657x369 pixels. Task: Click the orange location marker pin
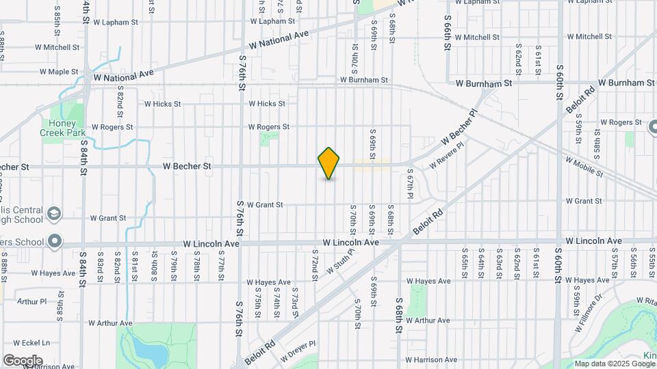pyautogui.click(x=328, y=163)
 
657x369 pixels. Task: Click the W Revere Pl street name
pyautogui.click(x=446, y=156)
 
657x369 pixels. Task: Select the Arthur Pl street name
pyautogui.click(x=32, y=301)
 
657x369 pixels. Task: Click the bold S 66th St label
pyautogui.click(x=448, y=33)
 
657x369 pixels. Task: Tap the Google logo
pyautogui.click(x=23, y=361)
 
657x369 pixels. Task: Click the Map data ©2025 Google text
pyautogui.click(x=614, y=364)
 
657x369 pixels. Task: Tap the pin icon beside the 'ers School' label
pyautogui.click(x=54, y=242)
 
